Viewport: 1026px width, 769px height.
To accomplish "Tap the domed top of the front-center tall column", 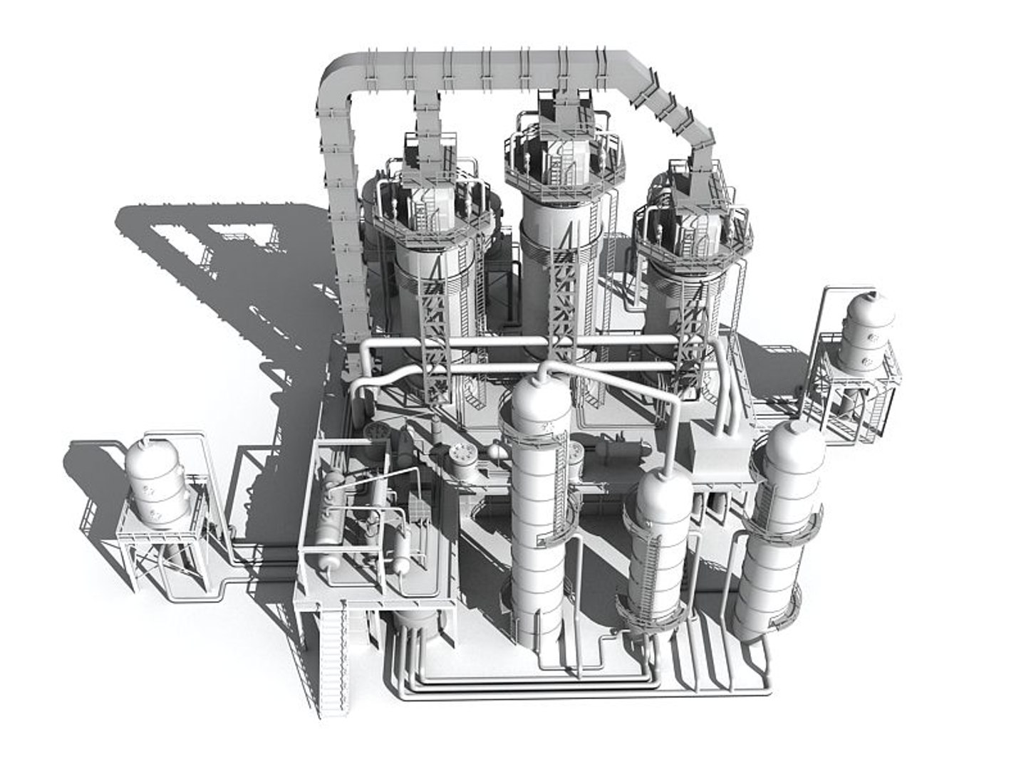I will click(x=541, y=399).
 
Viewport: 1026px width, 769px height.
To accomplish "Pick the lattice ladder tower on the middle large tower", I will click(x=563, y=299).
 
